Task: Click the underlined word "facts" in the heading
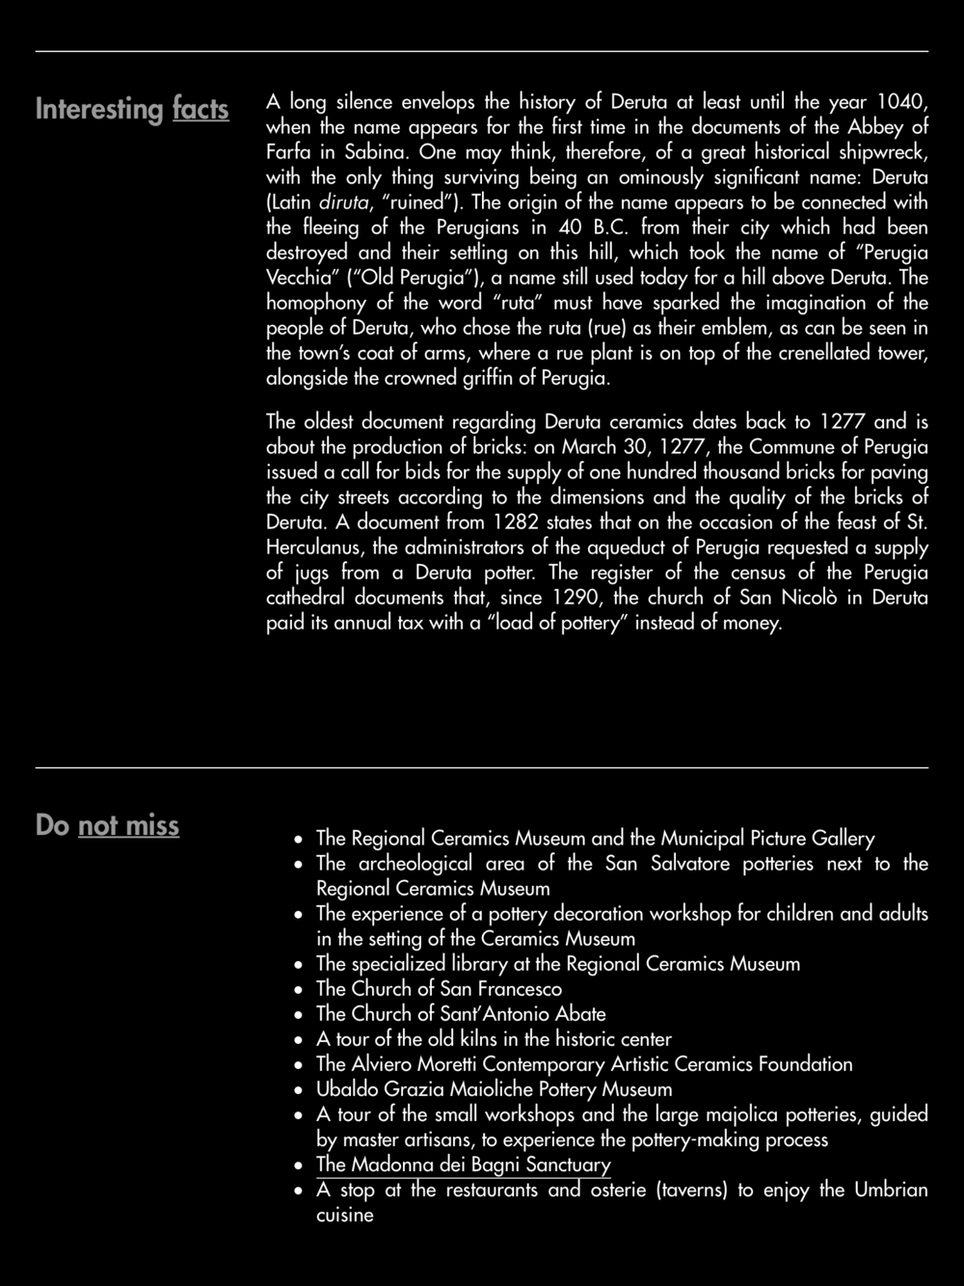[x=201, y=109]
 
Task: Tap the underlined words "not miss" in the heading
[x=128, y=825]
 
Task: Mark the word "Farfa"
[x=287, y=151]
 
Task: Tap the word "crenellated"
[x=823, y=353]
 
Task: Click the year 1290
[x=576, y=598]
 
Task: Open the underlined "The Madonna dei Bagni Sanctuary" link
[x=463, y=1165]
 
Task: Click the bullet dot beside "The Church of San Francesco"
[x=301, y=990]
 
